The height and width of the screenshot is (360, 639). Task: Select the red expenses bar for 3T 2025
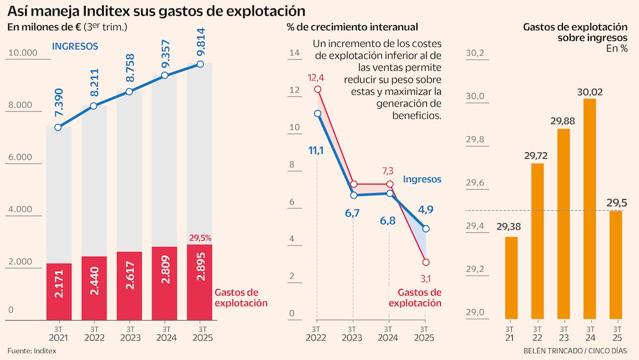[199, 282]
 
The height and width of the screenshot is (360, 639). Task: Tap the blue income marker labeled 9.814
[200, 64]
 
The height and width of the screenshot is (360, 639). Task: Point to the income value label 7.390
[59, 103]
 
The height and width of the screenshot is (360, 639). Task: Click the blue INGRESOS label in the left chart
[75, 46]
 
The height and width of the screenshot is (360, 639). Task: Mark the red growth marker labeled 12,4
[317, 89]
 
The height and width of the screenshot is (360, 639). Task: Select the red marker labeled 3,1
[425, 262]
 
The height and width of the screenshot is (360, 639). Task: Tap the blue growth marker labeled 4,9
[425, 228]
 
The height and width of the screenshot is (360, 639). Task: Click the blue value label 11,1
[316, 151]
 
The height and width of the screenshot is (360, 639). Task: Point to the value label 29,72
[536, 156]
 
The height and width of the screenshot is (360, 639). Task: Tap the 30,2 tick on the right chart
[475, 53]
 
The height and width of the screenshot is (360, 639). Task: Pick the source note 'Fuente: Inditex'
[32, 350]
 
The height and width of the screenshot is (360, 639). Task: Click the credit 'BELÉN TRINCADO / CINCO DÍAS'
[575, 350]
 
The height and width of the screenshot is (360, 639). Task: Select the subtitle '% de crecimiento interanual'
[352, 27]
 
